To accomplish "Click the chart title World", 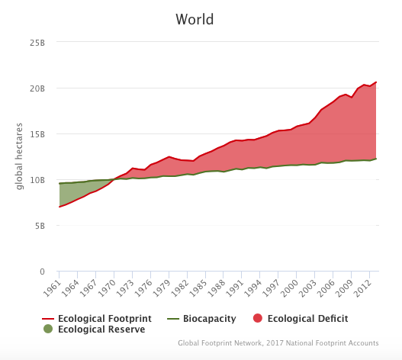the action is click(195, 19).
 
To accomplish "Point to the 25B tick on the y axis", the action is click(37, 43).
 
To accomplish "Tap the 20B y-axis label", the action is click(37, 88).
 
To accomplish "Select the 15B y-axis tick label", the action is click(37, 134).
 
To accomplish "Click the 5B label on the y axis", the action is click(40, 226).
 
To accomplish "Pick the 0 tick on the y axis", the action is click(42, 272).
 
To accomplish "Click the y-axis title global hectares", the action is click(19, 156).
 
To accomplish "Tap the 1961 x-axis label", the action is click(53, 288).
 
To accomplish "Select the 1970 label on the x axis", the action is click(107, 288).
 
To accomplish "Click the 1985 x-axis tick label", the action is click(198, 288).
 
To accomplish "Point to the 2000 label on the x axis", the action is click(290, 288).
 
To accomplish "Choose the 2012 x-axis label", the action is click(363, 288).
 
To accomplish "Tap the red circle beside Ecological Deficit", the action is click(258, 318).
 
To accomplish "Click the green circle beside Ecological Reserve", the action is click(48, 329).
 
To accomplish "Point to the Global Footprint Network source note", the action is click(278, 343).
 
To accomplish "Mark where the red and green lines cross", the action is click(114, 179).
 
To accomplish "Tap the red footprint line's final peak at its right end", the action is click(376, 82).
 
